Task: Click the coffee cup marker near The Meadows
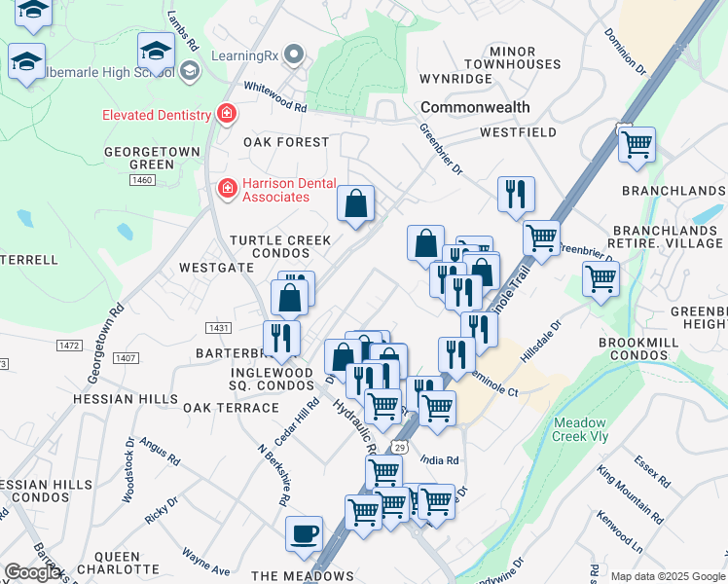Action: pyautogui.click(x=305, y=534)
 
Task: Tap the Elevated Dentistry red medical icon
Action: pyautogui.click(x=227, y=115)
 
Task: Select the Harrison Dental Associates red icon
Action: pyautogui.click(x=227, y=186)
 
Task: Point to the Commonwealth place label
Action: pyautogui.click(x=475, y=107)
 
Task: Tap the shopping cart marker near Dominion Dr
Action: pyautogui.click(x=636, y=145)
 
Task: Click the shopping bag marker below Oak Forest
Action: pyautogui.click(x=356, y=205)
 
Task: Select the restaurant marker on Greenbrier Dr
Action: pyautogui.click(x=516, y=194)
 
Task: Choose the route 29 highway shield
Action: pyautogui.click(x=400, y=446)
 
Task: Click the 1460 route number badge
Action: pyautogui.click(x=142, y=180)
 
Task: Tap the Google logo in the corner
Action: pyautogui.click(x=34, y=572)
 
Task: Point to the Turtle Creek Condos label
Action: pyautogui.click(x=280, y=247)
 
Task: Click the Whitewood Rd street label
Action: pyautogui.click(x=275, y=86)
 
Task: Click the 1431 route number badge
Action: pyautogui.click(x=217, y=328)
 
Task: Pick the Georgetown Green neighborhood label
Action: pyautogui.click(x=153, y=158)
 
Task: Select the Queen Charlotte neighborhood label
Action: pyautogui.click(x=118, y=561)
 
